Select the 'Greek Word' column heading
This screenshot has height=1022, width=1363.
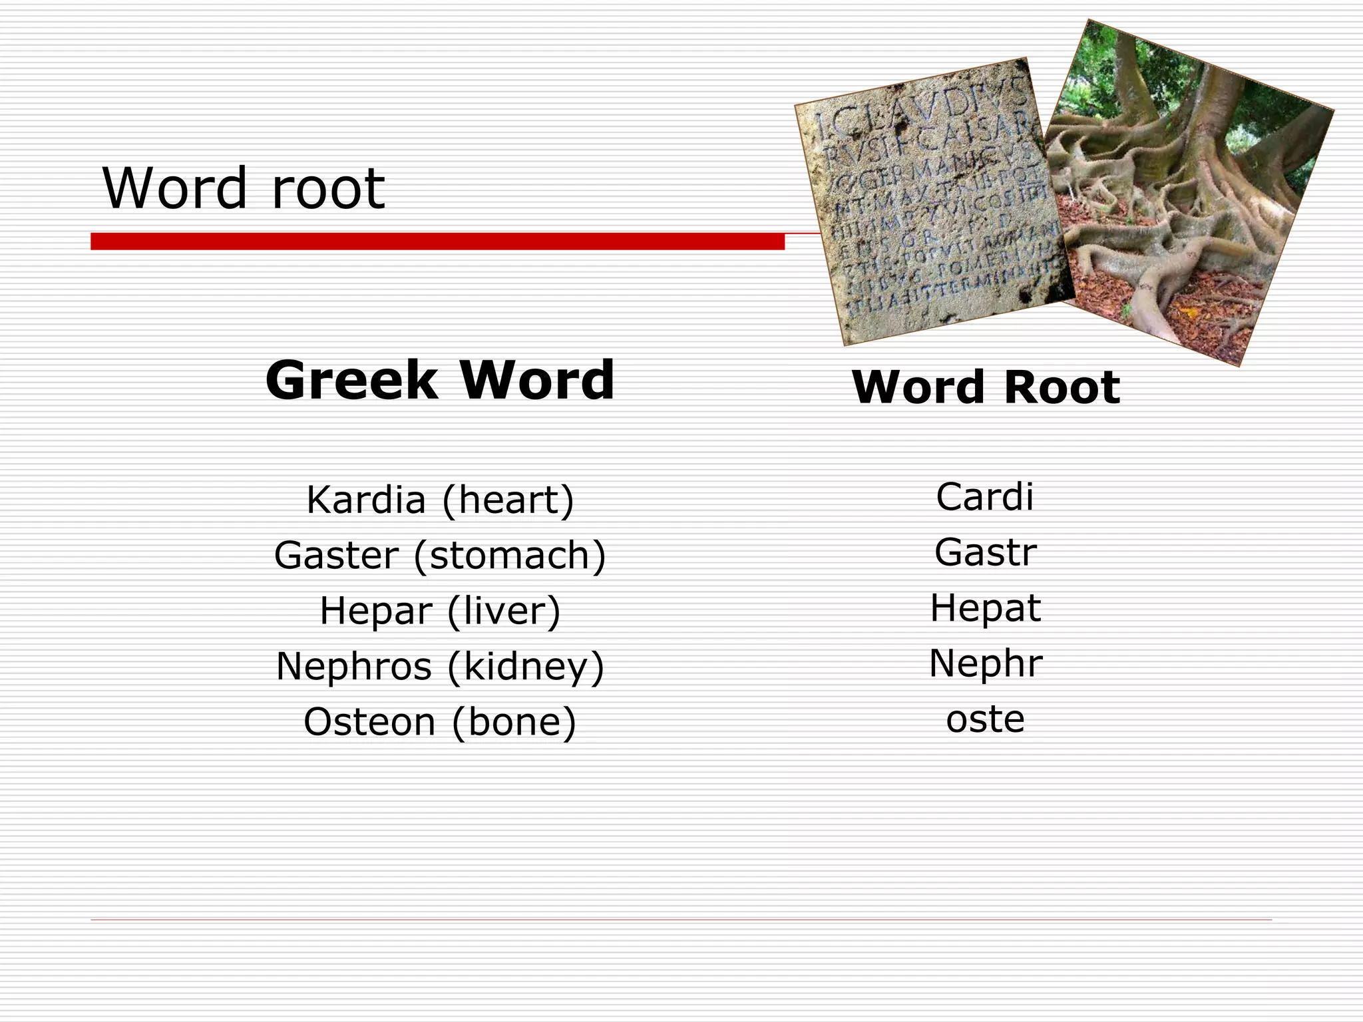[439, 380]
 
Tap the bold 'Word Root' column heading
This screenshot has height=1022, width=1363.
[986, 387]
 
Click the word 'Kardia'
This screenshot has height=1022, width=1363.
[365, 500]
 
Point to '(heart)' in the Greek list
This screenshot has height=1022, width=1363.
[507, 500]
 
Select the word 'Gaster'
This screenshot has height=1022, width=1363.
[336, 555]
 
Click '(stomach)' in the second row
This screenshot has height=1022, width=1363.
[510, 555]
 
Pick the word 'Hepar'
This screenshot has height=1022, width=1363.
[376, 610]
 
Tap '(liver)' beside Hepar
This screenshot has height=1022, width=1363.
[504, 610]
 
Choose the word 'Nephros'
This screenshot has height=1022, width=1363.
[353, 666]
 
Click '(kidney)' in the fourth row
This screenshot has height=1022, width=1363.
[526, 666]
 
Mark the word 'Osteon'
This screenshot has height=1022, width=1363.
[369, 722]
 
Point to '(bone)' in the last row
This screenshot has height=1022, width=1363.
[514, 722]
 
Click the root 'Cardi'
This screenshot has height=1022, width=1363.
[984, 497]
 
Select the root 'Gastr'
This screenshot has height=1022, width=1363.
[985, 552]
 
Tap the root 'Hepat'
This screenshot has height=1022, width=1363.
[985, 607]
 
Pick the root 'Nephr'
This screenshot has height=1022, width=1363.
[985, 663]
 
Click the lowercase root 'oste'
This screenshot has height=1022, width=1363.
[985, 719]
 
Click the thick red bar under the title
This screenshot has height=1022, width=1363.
[437, 242]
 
